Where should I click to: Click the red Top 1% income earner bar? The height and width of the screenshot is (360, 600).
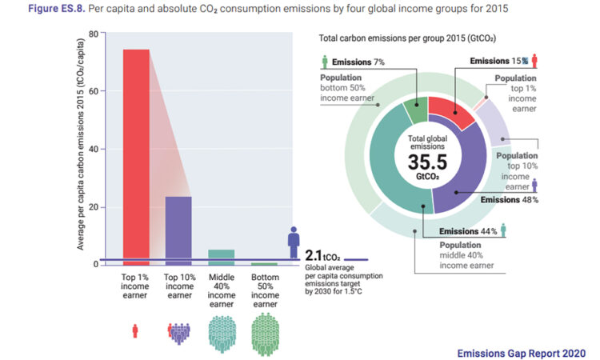(x=136, y=156)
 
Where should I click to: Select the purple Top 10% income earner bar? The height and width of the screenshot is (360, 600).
(x=178, y=230)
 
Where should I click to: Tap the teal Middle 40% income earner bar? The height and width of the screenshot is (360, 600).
(x=221, y=257)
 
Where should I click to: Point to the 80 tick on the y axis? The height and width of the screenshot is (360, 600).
(x=93, y=34)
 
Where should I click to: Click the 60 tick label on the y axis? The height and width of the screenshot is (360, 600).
(x=93, y=91)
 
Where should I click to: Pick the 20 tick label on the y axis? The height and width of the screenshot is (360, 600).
(x=93, y=206)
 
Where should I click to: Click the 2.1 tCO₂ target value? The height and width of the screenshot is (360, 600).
(x=322, y=257)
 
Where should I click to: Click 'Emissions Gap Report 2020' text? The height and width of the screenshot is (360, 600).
(x=521, y=351)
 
